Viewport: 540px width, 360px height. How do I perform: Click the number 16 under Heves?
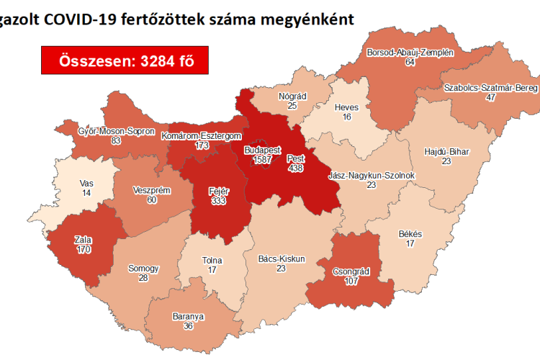pyautogui.click(x=347, y=117)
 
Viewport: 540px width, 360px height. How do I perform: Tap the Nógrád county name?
pyautogui.click(x=292, y=96)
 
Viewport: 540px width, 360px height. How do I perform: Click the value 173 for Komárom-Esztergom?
pyautogui.click(x=202, y=145)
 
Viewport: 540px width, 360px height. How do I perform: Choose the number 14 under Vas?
pyautogui.click(x=86, y=194)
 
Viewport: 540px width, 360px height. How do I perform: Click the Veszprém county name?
pyautogui.click(x=150, y=190)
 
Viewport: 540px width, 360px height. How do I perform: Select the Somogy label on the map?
pyautogui.click(x=143, y=269)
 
